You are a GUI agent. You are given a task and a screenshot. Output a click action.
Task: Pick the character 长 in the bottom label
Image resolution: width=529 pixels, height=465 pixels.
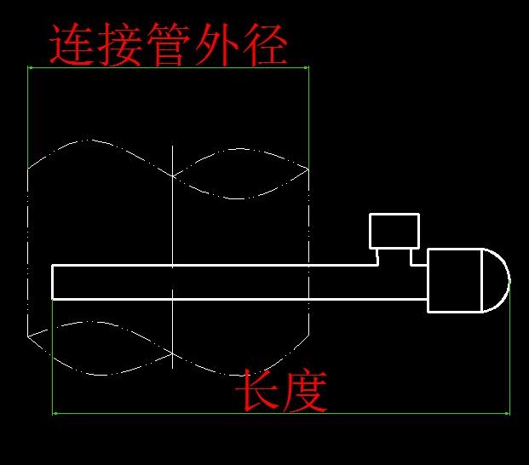[258, 390]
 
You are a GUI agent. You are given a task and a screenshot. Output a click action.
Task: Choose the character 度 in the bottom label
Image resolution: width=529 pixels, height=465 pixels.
[305, 390]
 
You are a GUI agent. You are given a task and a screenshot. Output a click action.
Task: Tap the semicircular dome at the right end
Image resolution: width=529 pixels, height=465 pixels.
[496, 279]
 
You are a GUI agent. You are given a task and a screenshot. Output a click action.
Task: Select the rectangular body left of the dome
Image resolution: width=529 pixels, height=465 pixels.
[454, 279]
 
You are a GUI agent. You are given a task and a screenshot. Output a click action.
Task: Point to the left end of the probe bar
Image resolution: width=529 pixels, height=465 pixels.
[54, 282]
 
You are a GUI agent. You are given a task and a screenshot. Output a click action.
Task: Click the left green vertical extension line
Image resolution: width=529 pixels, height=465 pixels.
[28, 111]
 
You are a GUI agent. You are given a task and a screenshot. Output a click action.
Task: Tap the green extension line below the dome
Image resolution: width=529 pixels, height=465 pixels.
[509, 358]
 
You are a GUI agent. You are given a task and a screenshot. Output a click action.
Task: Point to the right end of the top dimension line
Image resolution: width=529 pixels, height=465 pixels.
[308, 66]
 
